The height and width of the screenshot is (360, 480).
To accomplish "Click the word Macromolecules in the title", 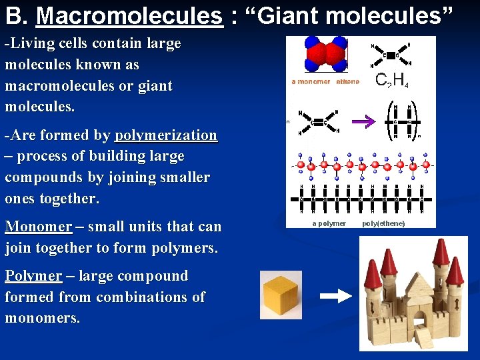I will click(x=129, y=15).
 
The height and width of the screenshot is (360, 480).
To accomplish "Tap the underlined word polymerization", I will click(x=166, y=135).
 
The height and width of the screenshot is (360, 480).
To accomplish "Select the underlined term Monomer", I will click(x=38, y=227).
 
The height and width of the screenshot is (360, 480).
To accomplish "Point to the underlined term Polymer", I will click(x=33, y=276).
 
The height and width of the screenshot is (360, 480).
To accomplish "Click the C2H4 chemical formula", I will click(x=392, y=81).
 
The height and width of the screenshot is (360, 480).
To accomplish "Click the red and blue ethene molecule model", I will click(x=326, y=54).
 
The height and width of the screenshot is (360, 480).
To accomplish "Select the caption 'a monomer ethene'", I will click(x=325, y=82).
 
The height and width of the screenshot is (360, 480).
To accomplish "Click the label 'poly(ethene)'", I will click(x=383, y=224).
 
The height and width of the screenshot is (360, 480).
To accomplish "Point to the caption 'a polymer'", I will click(x=329, y=224).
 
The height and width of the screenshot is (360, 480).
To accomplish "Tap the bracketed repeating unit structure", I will click(x=404, y=121).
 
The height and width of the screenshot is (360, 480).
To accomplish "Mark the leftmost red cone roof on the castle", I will click(x=373, y=274).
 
